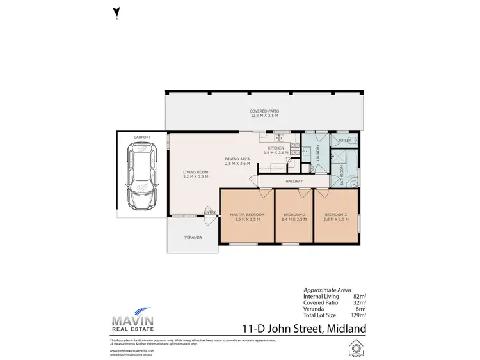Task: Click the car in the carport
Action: click(141, 175)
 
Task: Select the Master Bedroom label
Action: click(246, 216)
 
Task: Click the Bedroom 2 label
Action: click(294, 216)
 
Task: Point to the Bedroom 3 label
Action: click(335, 216)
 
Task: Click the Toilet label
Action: click(344, 139)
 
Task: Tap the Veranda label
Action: click(193, 237)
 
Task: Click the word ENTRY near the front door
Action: click(209, 212)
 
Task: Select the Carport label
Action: click(141, 137)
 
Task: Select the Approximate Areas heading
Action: click(326, 290)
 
